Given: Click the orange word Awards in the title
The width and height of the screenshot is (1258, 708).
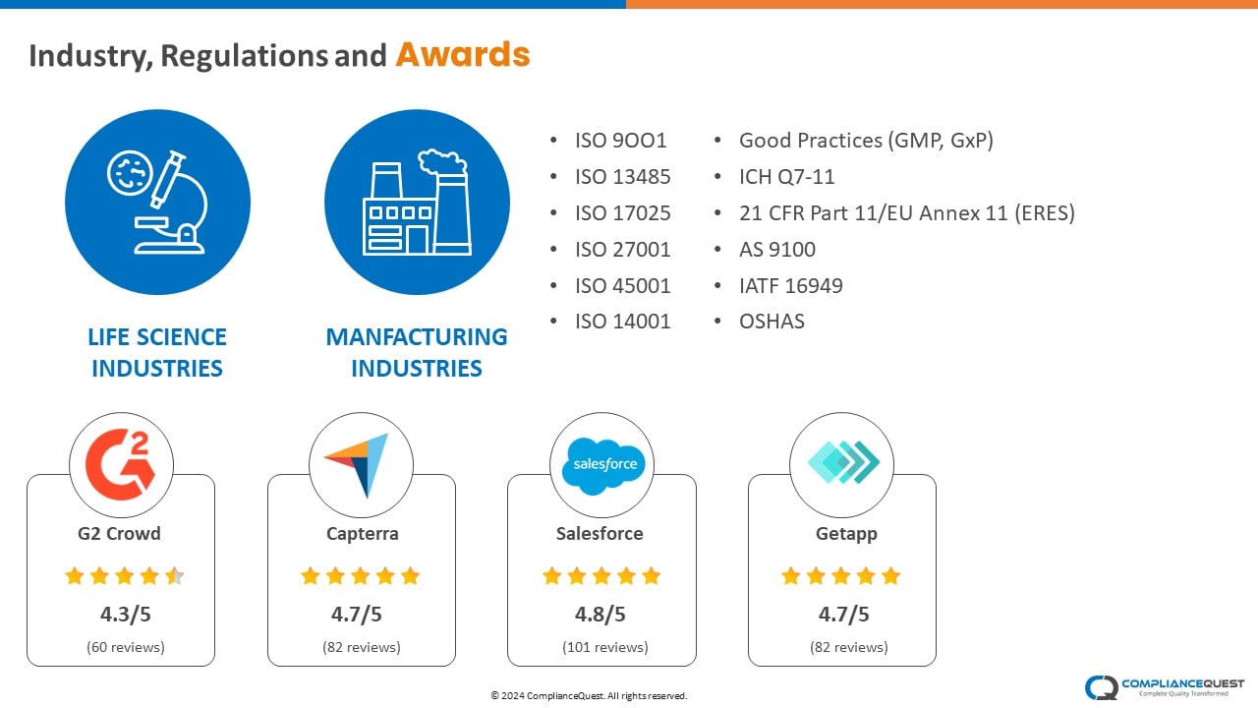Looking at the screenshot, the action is coord(463,54).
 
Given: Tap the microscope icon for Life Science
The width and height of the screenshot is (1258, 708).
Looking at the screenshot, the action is coord(158,203).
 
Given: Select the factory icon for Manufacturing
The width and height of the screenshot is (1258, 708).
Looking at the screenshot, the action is coord(417,203).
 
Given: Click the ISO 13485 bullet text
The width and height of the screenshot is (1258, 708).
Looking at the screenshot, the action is coord(622,177).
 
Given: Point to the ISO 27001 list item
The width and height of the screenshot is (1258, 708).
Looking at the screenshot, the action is coord(622,250).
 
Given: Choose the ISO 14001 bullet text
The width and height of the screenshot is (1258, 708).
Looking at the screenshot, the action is coord(622,322).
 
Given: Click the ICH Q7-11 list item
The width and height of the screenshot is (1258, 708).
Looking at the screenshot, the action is coord(786,177).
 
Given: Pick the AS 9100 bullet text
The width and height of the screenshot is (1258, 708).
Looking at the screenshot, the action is coord(777,250).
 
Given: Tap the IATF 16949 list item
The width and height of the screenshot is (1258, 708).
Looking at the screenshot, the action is coord(791,286).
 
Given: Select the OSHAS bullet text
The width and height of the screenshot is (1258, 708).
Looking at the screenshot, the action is coord(772,322).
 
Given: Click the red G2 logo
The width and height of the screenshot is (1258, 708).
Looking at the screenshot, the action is coord(120,465).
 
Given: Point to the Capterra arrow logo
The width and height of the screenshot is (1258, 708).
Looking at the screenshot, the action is coord(360,465).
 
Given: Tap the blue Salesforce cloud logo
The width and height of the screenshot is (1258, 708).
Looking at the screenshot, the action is coord(603,466).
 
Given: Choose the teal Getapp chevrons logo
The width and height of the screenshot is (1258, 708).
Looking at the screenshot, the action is coord(843,462).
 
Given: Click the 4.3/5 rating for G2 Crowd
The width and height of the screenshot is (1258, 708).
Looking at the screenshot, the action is coord(125,615).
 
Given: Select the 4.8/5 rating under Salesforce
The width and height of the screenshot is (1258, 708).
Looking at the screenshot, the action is coord(600,615).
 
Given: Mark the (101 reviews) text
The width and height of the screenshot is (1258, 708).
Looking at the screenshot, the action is coord(604,647).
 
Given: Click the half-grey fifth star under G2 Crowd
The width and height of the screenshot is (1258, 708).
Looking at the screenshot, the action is coord(175,576).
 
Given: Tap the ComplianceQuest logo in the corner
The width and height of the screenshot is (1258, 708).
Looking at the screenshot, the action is coord(1165,687).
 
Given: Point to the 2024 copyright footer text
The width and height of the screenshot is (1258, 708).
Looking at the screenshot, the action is coord(589,695).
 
